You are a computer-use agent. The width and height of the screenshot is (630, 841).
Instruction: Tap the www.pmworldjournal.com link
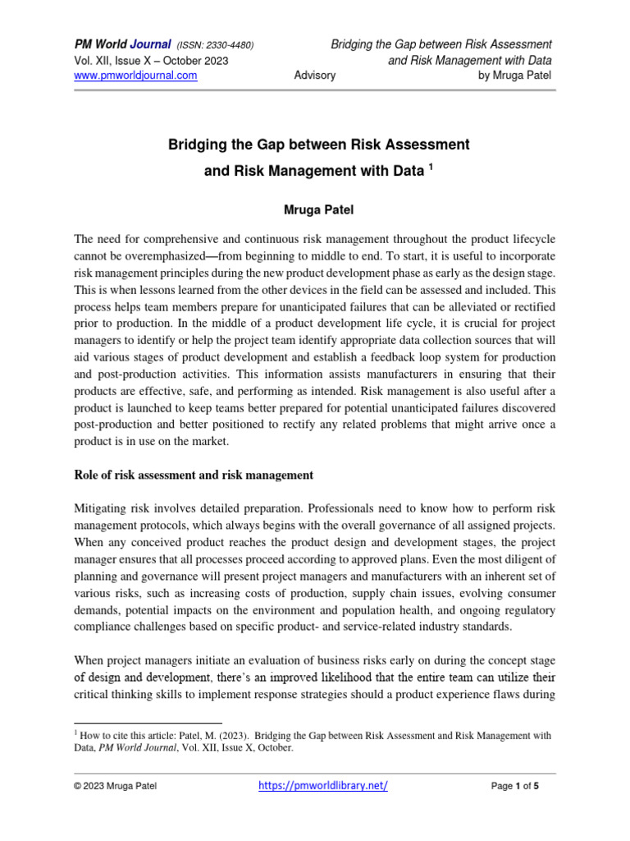point(136,76)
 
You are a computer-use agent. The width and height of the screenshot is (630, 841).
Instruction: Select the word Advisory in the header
point(314,76)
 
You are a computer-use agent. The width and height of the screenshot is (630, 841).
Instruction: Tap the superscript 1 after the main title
point(430,168)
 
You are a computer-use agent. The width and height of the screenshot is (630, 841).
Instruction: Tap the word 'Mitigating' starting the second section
point(104,508)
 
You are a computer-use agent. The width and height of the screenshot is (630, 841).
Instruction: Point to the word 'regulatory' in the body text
point(527,610)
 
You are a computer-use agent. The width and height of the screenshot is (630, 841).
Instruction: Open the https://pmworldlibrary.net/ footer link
point(322,785)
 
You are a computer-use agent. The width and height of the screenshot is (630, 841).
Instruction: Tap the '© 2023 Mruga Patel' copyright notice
point(115,786)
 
